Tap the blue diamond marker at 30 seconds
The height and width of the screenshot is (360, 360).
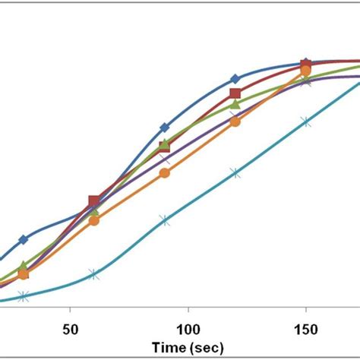click(24, 239)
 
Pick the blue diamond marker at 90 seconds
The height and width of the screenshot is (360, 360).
click(165, 128)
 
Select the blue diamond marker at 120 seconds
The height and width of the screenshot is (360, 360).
click(235, 78)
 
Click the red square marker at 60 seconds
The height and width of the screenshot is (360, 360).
click(93, 201)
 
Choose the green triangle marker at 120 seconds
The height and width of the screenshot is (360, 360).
click(235, 105)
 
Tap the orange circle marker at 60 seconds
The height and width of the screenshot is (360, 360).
click(93, 221)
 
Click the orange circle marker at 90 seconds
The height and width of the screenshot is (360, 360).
click(165, 174)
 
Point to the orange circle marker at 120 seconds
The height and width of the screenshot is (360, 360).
click(235, 122)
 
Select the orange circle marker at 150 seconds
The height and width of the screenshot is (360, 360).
click(305, 71)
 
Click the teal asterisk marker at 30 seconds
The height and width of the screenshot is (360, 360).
click(24, 297)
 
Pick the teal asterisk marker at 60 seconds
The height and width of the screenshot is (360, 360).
click(93, 274)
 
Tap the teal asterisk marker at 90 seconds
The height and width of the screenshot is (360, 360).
click(165, 220)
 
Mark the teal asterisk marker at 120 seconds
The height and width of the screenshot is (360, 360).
click(235, 173)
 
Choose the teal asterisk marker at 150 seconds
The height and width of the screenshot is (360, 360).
click(305, 122)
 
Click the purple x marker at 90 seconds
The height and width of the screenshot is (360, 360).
click(165, 159)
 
